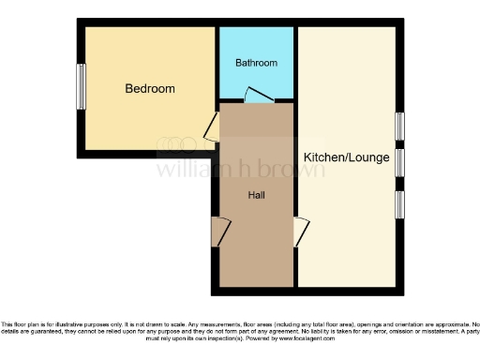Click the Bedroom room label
150,89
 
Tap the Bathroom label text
256,63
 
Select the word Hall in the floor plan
256,195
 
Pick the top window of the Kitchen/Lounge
400,126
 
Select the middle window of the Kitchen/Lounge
400,163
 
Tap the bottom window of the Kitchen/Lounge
400,203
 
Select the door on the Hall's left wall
218,232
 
